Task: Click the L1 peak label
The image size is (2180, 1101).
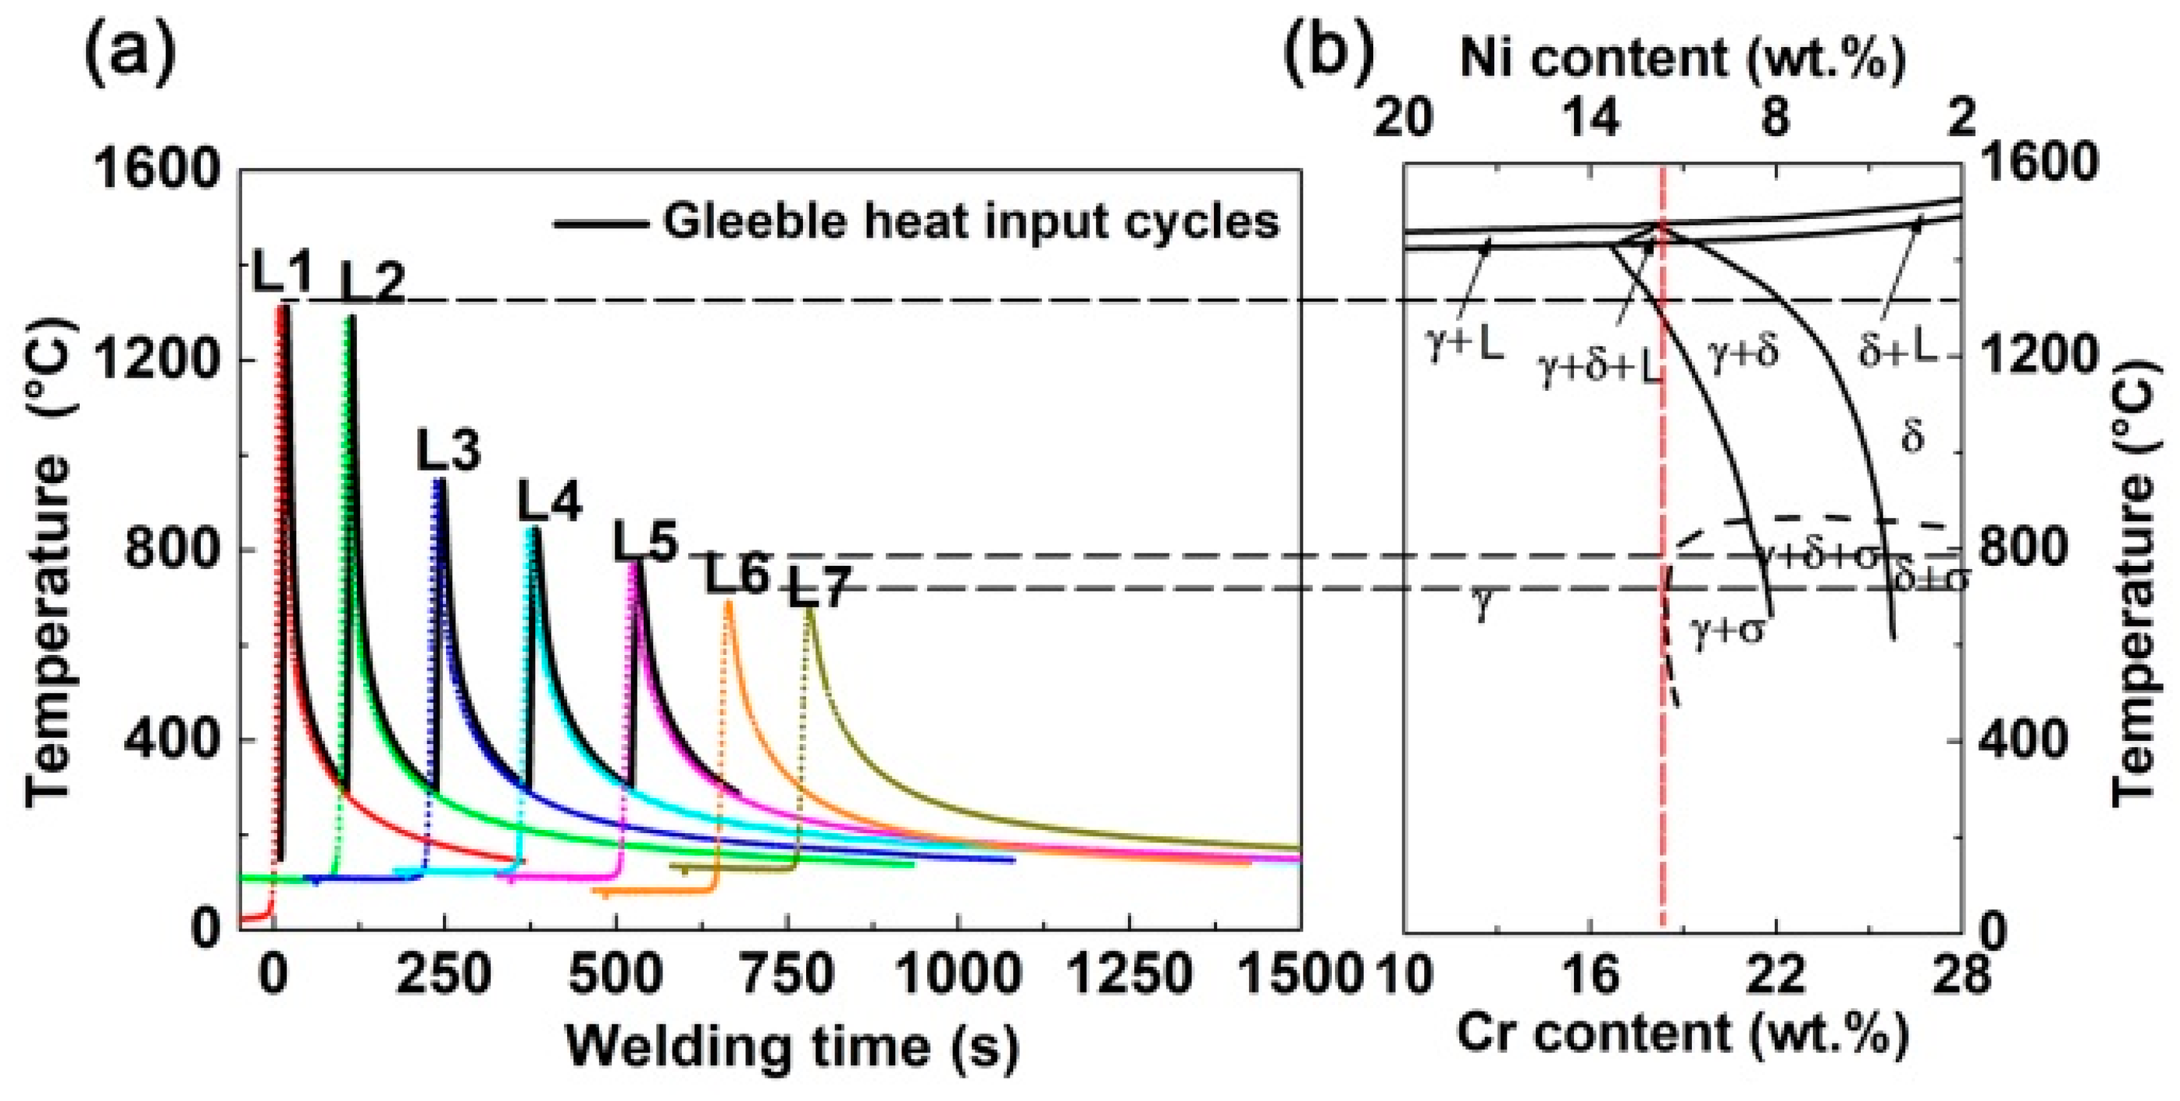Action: point(282,276)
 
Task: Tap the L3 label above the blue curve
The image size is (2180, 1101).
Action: point(449,451)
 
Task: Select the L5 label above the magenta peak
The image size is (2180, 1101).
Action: point(646,543)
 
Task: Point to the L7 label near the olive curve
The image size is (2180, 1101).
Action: point(818,587)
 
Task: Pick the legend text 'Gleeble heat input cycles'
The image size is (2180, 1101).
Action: point(970,221)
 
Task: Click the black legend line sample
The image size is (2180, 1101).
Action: point(601,224)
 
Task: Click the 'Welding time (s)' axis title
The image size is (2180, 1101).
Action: point(792,1047)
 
